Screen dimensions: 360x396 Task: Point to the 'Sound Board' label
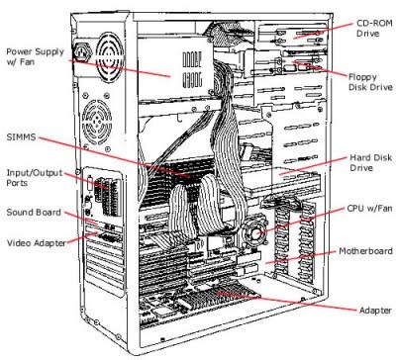(35, 212)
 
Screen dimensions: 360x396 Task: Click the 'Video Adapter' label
(36, 242)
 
